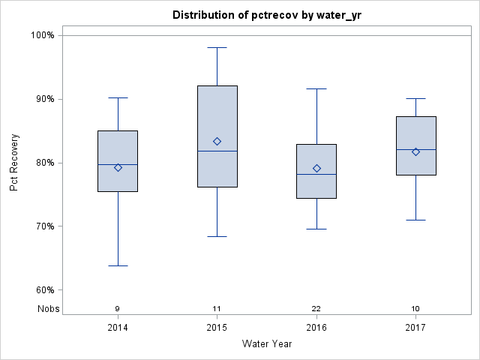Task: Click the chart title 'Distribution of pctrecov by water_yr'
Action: pyautogui.click(x=266, y=15)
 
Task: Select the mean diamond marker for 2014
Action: pyautogui.click(x=118, y=167)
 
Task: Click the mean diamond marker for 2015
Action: pyautogui.click(x=217, y=141)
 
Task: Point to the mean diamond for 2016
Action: pyautogui.click(x=316, y=168)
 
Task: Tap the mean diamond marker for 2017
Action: pyautogui.click(x=416, y=151)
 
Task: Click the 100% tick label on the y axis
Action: pyautogui.click(x=42, y=35)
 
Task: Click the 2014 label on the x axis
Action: pyautogui.click(x=118, y=328)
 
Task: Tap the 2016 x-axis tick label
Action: pyautogui.click(x=316, y=328)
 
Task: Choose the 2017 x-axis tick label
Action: pyautogui.click(x=416, y=328)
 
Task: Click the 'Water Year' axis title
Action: pyautogui.click(x=266, y=344)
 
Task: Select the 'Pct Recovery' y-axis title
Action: pyautogui.click(x=14, y=163)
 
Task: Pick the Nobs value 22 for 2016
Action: pyautogui.click(x=316, y=308)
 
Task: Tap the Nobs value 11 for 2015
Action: pyautogui.click(x=217, y=308)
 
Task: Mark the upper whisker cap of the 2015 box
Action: pyautogui.click(x=217, y=47)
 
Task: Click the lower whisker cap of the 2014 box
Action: pyautogui.click(x=118, y=265)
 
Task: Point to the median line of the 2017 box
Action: pyautogui.click(x=416, y=149)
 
